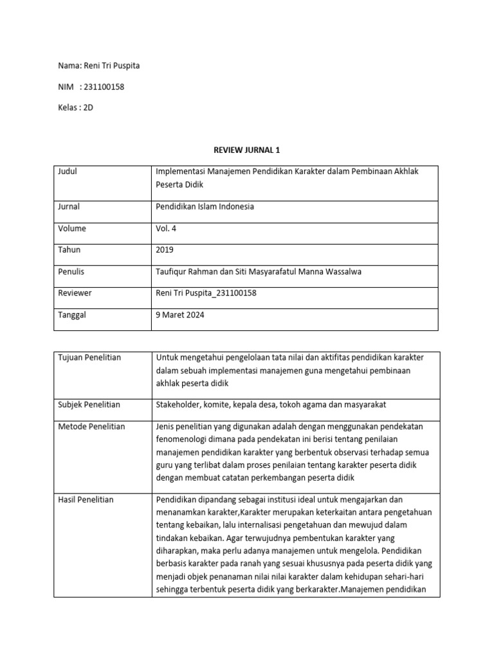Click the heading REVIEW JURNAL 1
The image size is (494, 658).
[x=247, y=150]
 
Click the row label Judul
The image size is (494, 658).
[x=68, y=172]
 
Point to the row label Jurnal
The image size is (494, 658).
[x=69, y=207]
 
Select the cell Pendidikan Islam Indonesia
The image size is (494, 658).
[x=205, y=207]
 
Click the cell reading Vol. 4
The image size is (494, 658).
[x=167, y=229]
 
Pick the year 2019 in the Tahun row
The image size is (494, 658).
[x=165, y=250]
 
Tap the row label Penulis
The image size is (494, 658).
[x=71, y=272]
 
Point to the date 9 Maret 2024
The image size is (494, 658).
[x=179, y=315]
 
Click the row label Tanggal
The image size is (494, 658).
[x=72, y=315]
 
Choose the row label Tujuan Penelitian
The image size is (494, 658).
[x=89, y=357]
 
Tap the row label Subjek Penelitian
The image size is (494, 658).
[x=89, y=405]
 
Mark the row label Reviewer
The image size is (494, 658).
[x=75, y=293]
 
